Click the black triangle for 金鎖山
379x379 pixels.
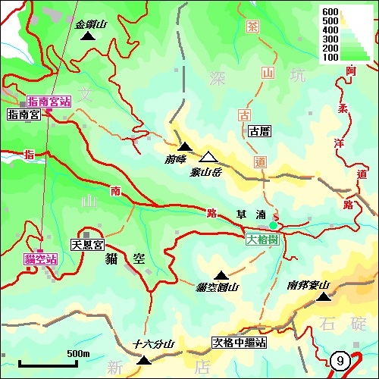pos(88,36)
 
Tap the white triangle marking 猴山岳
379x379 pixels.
pos(209,157)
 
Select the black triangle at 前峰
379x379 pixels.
pos(185,146)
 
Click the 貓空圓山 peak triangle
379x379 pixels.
pos(221,275)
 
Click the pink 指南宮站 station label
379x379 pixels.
pos(49,101)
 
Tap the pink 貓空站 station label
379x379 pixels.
pos(41,259)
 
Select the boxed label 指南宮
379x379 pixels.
pos(23,114)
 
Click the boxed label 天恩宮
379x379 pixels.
pos(86,245)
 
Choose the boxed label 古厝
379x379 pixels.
pos(259,131)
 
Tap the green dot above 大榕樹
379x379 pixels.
pos(273,225)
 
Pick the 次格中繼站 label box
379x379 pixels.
pos(239,343)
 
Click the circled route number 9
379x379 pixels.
pos(340,362)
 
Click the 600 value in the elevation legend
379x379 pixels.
pos(329,11)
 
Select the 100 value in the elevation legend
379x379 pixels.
pos(329,57)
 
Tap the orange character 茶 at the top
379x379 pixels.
pos(253,25)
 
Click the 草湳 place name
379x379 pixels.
pos(250,215)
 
